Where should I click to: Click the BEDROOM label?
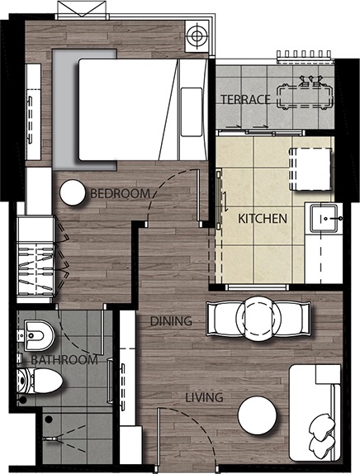120,193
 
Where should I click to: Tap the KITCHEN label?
263,219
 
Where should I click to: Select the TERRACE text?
245,99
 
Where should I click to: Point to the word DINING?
171,321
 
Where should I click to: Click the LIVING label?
204,397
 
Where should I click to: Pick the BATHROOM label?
64,360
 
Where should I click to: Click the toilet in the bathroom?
40,381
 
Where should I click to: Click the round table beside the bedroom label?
73,193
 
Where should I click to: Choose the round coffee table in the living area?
258,415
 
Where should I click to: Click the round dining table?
258,319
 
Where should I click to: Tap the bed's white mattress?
127,110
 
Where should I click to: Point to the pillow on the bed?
192,111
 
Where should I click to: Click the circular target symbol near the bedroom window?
197,36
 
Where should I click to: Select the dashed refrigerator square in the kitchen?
310,169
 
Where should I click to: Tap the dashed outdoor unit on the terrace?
305,97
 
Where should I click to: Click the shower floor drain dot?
49,419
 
